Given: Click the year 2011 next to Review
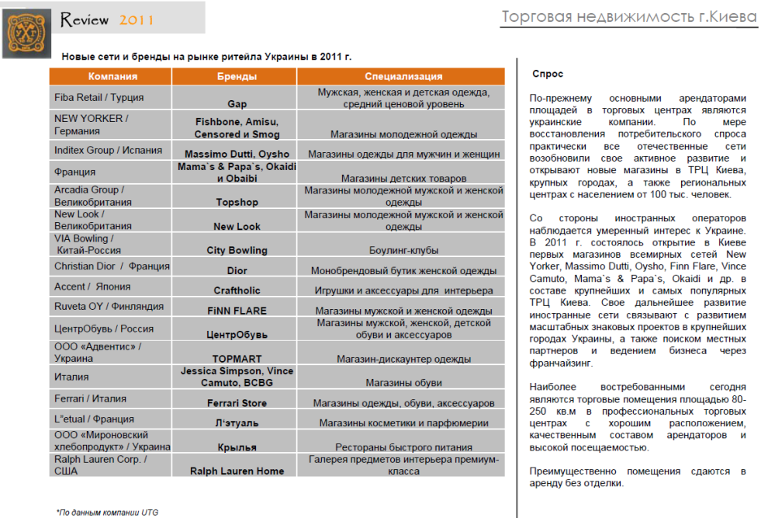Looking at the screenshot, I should (x=137, y=19).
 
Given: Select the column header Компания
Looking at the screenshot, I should (x=112, y=76).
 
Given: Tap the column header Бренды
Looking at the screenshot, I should (x=237, y=76).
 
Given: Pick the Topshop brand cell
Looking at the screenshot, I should (x=237, y=202).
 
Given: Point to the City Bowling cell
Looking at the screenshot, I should (x=237, y=250).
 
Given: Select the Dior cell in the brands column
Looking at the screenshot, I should (x=237, y=271).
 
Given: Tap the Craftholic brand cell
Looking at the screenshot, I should (x=237, y=290).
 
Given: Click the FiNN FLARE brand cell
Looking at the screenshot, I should (x=237, y=311).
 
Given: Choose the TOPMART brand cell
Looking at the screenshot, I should (x=237, y=359).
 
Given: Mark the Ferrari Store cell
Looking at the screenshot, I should (x=237, y=403).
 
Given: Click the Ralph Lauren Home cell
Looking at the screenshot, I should (x=237, y=471).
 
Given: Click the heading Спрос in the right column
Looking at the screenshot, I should (x=548, y=74).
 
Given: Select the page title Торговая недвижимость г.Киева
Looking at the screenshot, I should (x=629, y=17).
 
